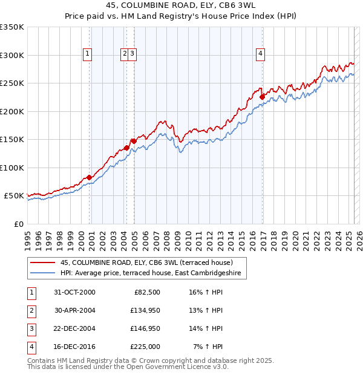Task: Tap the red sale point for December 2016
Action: point(262,96)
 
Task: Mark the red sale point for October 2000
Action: point(90,177)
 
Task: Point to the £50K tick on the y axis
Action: point(14,196)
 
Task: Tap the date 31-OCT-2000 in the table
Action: point(74,292)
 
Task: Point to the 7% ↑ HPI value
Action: point(209,347)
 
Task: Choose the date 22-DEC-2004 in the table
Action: point(74,328)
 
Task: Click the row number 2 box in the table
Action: point(31,310)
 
